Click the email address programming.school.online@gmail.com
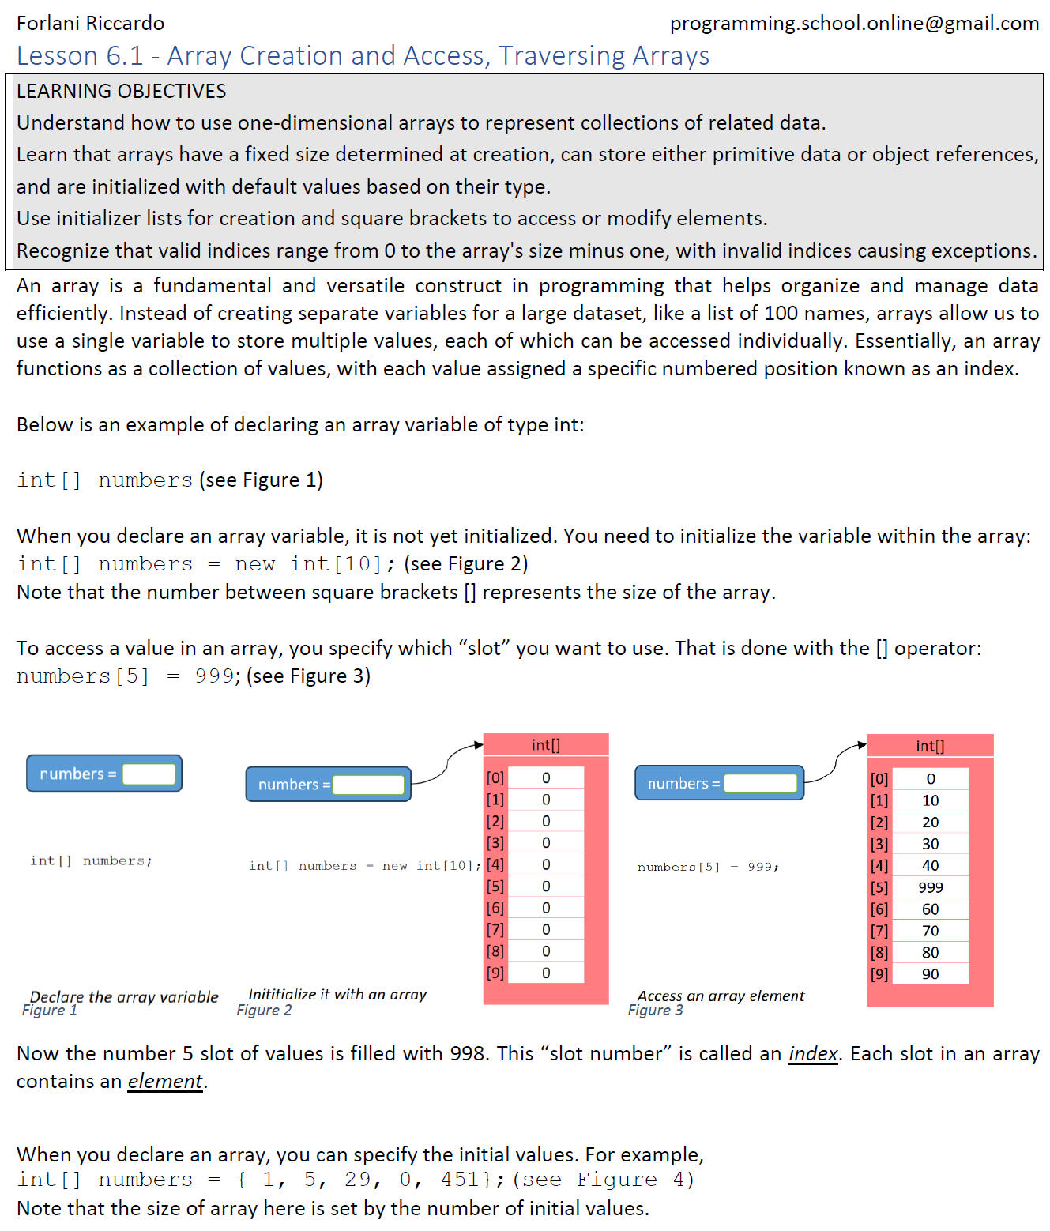click(854, 24)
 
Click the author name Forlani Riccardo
click(90, 24)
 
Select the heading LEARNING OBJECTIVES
click(121, 92)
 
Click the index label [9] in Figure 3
click(879, 974)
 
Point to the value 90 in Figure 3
click(930, 974)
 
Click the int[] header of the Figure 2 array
click(545, 744)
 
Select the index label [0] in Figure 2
click(495, 778)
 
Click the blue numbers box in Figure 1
click(104, 774)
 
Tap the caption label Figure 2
click(264, 1011)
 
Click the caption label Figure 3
click(655, 1011)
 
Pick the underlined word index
click(812, 1054)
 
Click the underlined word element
click(165, 1082)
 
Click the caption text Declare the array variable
click(124, 997)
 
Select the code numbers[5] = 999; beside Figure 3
click(708, 867)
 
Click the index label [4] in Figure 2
click(495, 865)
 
